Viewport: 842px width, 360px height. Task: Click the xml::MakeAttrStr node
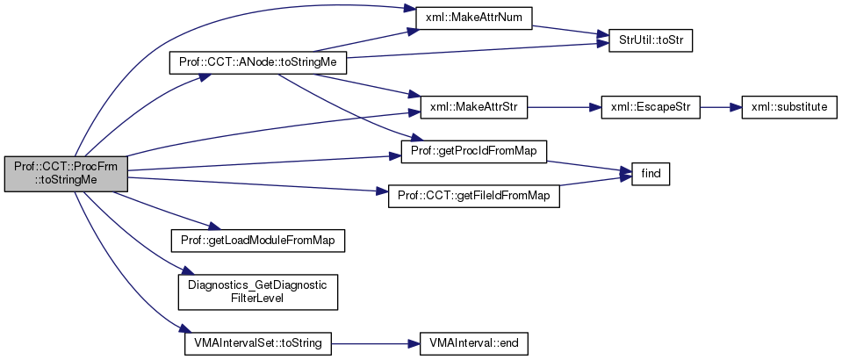(470, 108)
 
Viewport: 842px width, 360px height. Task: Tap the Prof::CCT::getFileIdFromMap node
(473, 197)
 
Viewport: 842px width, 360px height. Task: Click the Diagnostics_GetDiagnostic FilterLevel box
(258, 292)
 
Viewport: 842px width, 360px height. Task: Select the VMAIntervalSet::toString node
(258, 342)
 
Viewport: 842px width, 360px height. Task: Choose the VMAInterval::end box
(473, 342)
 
